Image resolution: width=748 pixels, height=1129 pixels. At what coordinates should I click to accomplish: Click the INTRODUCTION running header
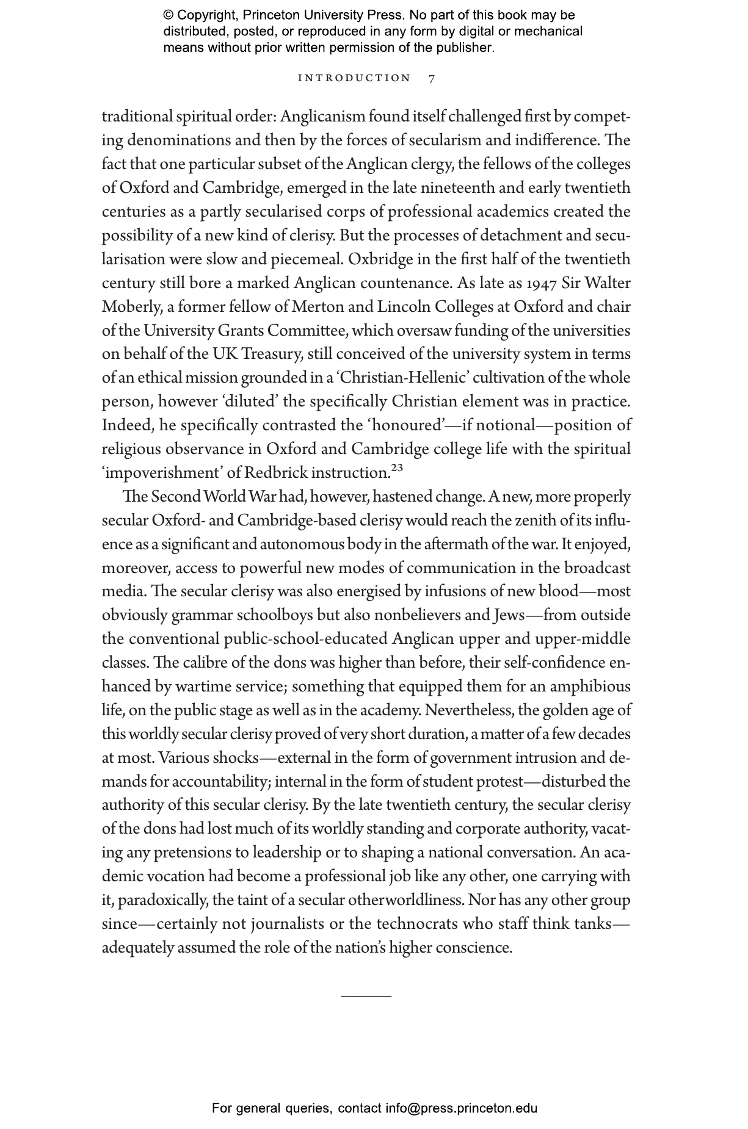click(x=354, y=78)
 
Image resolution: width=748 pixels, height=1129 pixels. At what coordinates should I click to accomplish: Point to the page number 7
click(x=432, y=79)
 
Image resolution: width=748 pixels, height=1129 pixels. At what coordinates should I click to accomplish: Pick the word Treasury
click(x=271, y=355)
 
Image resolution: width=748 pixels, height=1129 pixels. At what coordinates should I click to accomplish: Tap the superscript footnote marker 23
click(x=397, y=468)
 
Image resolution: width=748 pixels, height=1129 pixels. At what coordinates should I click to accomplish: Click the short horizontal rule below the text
click(x=366, y=995)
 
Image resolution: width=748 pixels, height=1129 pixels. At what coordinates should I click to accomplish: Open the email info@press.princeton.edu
click(x=461, y=1108)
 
